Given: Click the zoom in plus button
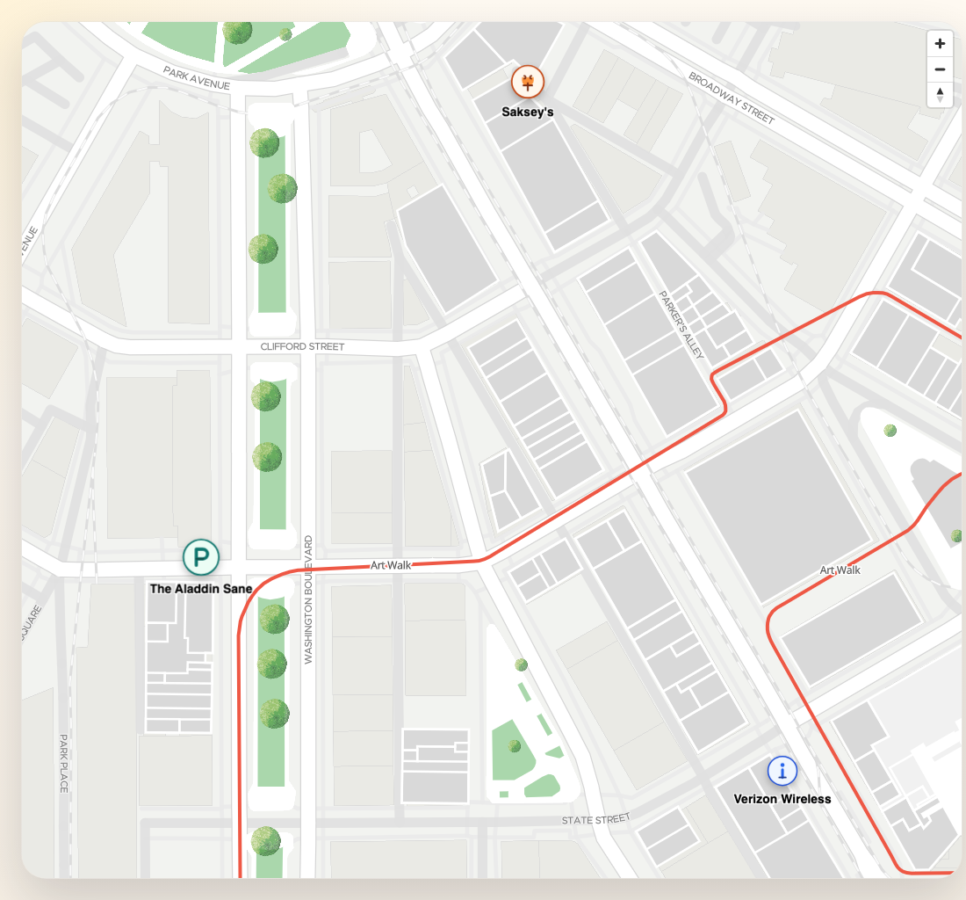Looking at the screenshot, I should [940, 44].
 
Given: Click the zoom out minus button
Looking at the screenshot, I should [940, 69].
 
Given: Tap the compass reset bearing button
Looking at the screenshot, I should [940, 94].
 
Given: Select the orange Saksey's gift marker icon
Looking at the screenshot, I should [528, 83].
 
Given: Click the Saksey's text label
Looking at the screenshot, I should [528, 112].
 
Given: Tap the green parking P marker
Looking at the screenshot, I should [200, 557].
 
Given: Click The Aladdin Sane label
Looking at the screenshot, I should [201, 589].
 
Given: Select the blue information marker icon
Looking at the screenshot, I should [782, 771].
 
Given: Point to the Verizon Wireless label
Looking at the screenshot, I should [782, 799].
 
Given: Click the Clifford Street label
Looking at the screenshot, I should [303, 347].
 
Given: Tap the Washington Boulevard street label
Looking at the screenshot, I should [308, 599].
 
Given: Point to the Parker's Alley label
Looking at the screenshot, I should [681, 324].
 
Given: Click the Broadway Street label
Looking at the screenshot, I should [732, 98].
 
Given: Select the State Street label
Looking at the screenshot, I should [596, 820].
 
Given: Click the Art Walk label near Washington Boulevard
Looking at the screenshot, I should [391, 565].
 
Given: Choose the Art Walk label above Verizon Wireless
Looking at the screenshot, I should [840, 570].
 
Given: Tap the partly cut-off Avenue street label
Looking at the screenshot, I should [30, 243].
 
